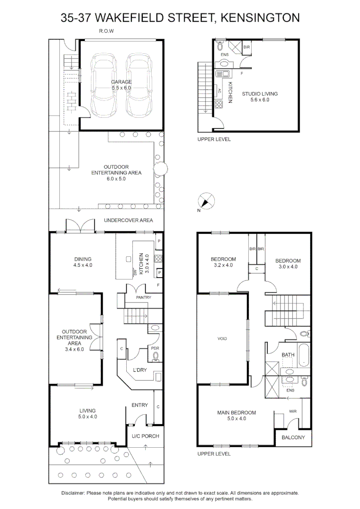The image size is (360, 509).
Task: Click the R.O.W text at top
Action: point(106,31)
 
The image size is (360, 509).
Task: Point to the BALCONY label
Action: point(293,437)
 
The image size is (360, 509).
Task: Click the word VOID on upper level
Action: point(222,338)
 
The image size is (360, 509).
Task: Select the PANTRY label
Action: point(143,298)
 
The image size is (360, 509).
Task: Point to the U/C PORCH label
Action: point(145,436)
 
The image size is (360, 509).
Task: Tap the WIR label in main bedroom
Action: point(292,411)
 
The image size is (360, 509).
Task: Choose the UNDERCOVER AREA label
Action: point(128,220)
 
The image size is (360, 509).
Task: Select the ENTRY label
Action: point(139,405)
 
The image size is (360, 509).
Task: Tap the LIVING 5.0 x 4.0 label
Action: point(87,413)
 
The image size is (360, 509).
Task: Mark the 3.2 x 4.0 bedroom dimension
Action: point(223,265)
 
